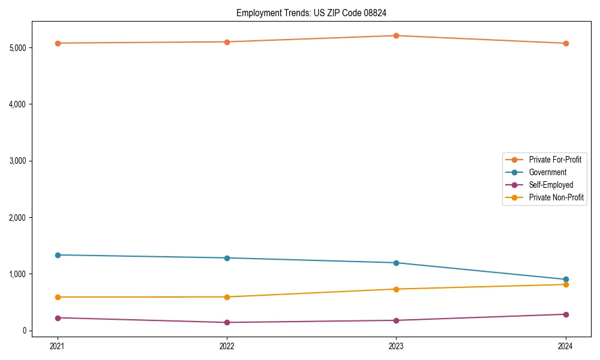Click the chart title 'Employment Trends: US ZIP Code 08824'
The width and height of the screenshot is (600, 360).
coord(316,13)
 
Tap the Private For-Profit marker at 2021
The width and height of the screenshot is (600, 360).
coord(58,43)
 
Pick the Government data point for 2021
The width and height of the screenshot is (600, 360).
coord(58,255)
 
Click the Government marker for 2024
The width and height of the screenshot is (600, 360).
coord(566,280)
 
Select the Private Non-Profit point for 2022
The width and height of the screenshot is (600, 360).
coord(227,297)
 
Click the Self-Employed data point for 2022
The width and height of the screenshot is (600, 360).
coord(227,322)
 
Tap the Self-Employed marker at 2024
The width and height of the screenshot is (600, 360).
coord(566,314)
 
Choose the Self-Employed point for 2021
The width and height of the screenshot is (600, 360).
coord(58,318)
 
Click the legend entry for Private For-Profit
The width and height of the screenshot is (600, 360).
coord(554,160)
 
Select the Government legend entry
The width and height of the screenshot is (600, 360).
coord(547,172)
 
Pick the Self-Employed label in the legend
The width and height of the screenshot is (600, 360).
coord(551,185)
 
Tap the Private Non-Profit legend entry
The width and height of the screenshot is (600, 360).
coord(556,197)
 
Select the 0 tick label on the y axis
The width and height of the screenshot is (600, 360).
coord(25,331)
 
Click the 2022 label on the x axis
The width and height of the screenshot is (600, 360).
coord(227,346)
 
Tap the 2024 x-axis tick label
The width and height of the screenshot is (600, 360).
coord(566,346)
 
